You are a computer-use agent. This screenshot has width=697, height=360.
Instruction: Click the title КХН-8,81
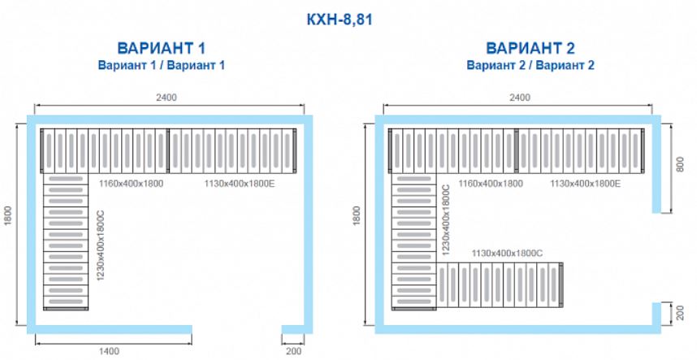pyautogui.click(x=340, y=20)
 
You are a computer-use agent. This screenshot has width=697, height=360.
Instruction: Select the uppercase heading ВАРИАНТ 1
pyautogui.click(x=162, y=48)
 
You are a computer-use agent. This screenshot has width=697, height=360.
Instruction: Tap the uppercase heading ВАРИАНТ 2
pyautogui.click(x=530, y=48)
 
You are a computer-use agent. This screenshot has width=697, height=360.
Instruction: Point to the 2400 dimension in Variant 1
pyautogui.click(x=167, y=98)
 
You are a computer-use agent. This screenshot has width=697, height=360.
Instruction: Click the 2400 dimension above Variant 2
pyautogui.click(x=519, y=98)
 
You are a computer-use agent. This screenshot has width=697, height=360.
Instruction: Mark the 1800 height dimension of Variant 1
pyautogui.click(x=8, y=215)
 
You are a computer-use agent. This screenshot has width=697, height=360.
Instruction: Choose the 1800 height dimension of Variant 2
pyautogui.click(x=357, y=215)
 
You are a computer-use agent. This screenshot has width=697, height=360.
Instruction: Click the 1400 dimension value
pyautogui.click(x=109, y=352)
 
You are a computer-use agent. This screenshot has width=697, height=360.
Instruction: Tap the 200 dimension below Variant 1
pyautogui.click(x=293, y=352)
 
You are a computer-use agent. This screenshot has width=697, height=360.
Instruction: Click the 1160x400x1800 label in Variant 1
pyautogui.click(x=131, y=183)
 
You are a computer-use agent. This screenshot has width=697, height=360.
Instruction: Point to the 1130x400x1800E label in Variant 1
pyautogui.click(x=240, y=183)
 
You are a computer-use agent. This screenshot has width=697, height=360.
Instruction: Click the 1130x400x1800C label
pyautogui.click(x=507, y=254)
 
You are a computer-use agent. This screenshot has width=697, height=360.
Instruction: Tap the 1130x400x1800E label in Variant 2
pyautogui.click(x=586, y=183)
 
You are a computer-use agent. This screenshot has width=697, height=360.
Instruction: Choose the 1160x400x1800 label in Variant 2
pyautogui.click(x=491, y=183)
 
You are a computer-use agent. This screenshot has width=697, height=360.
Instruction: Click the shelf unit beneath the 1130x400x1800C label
pyautogui.click(x=500, y=285)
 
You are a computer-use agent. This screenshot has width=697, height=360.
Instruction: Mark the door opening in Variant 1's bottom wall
pyautogui.click(x=237, y=329)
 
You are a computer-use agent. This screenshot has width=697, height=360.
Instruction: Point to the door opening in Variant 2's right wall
pyautogui.click(x=656, y=258)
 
